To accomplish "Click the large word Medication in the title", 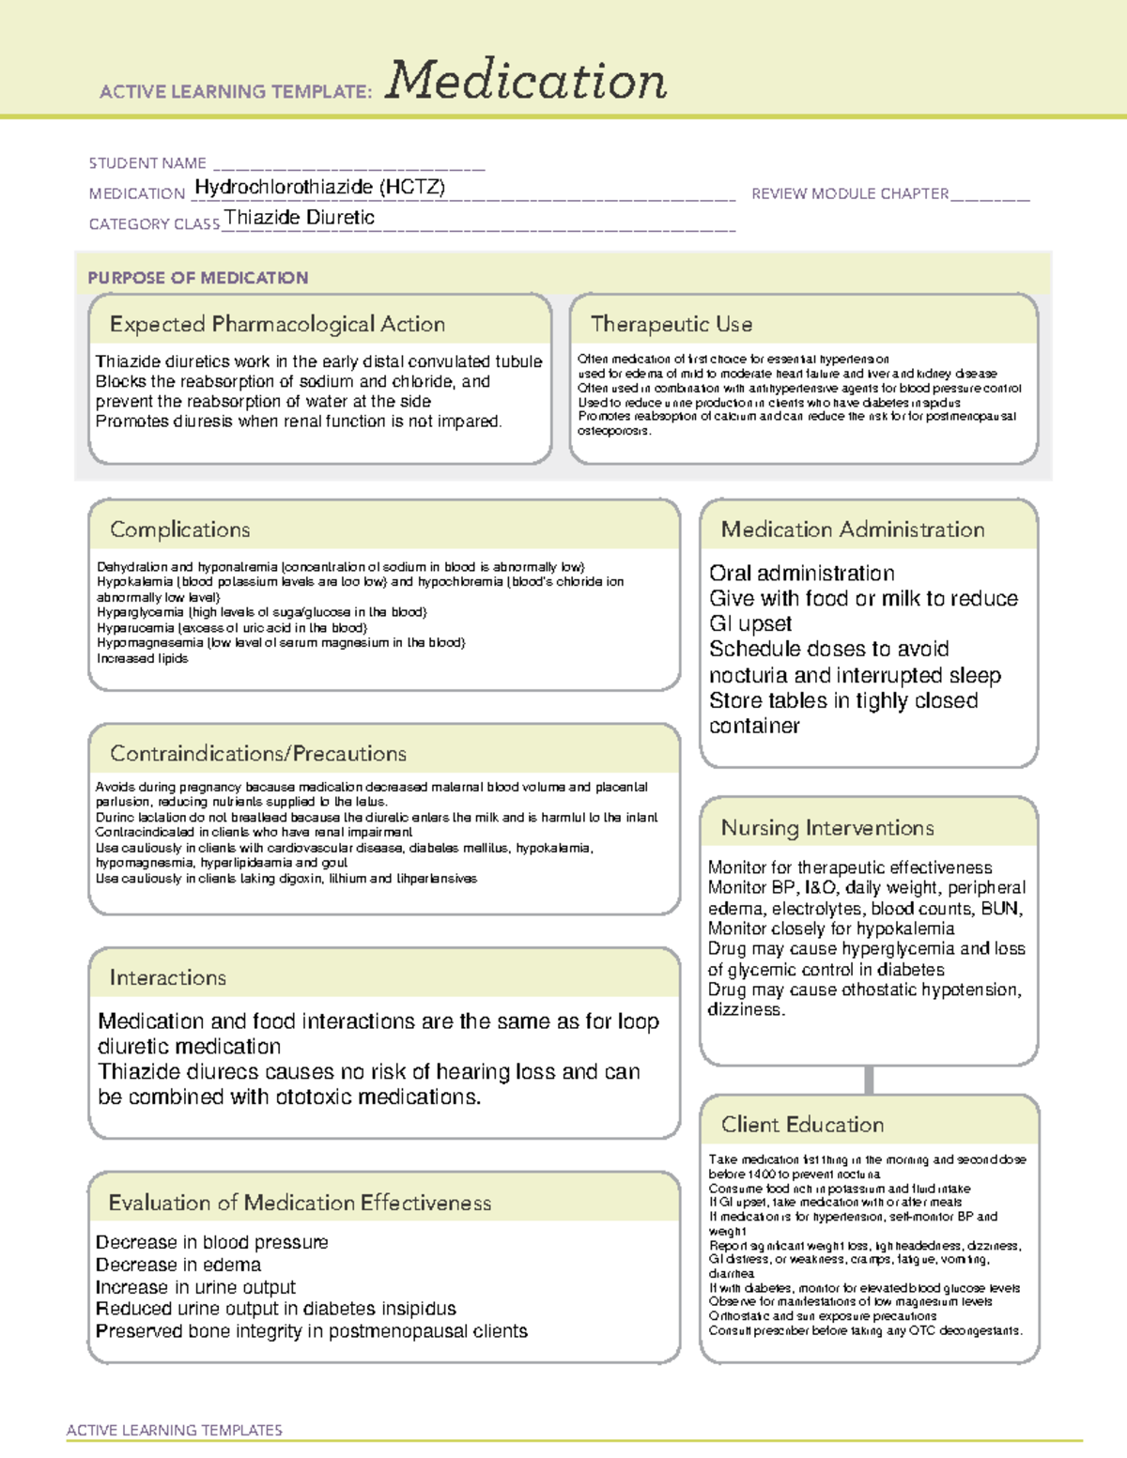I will (x=526, y=81).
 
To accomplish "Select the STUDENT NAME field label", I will (x=147, y=163).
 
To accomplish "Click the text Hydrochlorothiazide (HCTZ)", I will (x=319, y=187).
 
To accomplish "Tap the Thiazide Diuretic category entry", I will (x=300, y=218).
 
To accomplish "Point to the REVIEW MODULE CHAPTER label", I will (x=850, y=193).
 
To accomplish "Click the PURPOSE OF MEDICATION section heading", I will (x=198, y=278).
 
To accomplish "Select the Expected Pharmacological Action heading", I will (x=277, y=325).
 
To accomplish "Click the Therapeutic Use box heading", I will (x=672, y=325).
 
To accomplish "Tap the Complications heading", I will (x=180, y=529).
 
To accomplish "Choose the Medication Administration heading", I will (x=853, y=529).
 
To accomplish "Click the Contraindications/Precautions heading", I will (x=258, y=754).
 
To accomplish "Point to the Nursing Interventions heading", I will (x=827, y=828).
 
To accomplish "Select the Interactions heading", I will (x=168, y=978).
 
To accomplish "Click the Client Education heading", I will (x=802, y=1125).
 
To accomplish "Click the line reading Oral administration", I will (x=802, y=574).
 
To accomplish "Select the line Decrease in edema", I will (x=178, y=1265).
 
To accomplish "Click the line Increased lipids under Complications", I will (x=143, y=659).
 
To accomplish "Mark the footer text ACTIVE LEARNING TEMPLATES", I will (x=175, y=1430).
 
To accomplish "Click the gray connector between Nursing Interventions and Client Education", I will (x=869, y=1080).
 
